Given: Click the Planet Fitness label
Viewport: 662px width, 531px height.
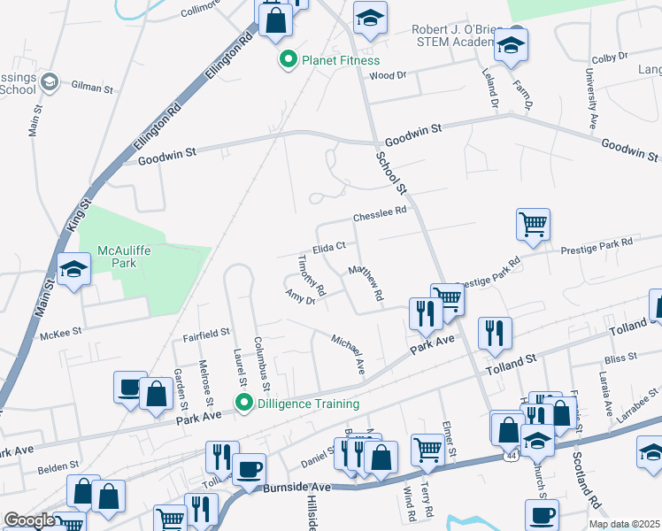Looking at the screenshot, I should pos(340,60).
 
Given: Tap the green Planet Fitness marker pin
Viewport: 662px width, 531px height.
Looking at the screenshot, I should pos(288,60).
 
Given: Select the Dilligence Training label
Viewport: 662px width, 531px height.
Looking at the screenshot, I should pos(307,404).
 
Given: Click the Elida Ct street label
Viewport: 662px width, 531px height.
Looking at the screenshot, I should pos(327,249).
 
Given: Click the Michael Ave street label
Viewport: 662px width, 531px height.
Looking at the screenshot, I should pos(348,353).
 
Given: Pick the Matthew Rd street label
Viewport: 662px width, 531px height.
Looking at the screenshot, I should pos(366,281).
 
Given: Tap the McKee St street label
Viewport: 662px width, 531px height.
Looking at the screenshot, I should pos(61,333).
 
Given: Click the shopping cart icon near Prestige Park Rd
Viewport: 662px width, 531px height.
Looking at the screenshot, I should pos(533,224).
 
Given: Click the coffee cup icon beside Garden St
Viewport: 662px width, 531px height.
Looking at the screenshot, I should pos(130,387).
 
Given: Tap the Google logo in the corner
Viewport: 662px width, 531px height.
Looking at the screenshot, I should pos(29,520).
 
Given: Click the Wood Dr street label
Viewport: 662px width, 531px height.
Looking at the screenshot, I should pos(388,76).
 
